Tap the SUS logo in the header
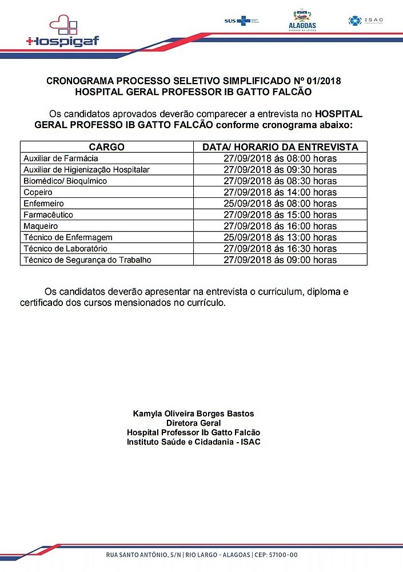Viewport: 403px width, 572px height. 237,21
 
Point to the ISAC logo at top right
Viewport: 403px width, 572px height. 365,21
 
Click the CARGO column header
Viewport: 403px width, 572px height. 106,147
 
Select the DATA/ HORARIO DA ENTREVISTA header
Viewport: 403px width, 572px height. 280,147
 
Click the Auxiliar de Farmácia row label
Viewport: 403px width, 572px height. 61,158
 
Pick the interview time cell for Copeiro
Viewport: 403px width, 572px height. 280,192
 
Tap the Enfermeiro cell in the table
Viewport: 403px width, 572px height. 43,204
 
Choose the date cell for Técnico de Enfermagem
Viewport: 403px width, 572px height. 280,237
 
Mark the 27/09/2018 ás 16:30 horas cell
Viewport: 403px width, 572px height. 280,249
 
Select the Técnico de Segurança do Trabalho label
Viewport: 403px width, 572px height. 87,260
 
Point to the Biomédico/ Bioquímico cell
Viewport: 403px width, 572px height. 65,181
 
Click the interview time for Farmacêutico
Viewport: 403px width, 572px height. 280,215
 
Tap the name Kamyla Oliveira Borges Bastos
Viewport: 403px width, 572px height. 193,414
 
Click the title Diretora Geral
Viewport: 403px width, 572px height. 193,423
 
